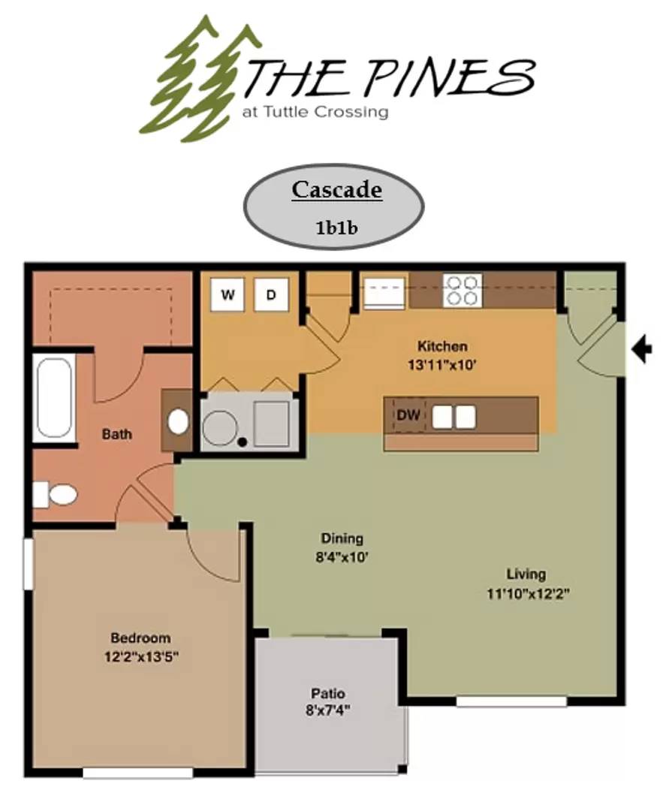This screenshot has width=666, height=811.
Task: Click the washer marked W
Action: [228, 295]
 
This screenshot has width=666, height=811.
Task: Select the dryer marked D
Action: [272, 295]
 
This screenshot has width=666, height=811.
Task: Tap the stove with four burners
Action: [463, 290]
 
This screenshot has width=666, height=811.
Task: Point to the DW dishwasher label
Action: [408, 415]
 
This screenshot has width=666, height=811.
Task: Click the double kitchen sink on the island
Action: [454, 417]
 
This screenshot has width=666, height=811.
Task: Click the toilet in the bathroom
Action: [56, 495]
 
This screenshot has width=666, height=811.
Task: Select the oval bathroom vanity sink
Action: [179, 421]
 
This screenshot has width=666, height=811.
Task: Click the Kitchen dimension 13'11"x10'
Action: [441, 365]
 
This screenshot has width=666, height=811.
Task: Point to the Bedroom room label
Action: [140, 638]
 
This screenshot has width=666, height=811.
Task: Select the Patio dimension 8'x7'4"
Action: [328, 710]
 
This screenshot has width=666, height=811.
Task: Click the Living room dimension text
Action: [528, 593]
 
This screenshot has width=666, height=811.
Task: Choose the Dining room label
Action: [342, 538]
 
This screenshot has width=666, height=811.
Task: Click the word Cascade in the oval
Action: [337, 189]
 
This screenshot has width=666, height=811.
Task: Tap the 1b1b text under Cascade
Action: [336, 228]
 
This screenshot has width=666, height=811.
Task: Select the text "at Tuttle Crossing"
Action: [315, 112]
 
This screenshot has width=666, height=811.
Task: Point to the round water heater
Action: [220, 428]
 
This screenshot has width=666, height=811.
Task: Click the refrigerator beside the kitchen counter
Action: [384, 294]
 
